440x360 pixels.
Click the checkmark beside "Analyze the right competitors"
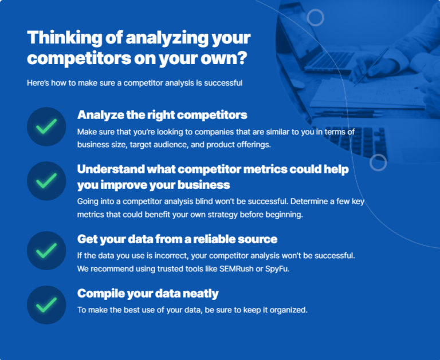click(x=46, y=126)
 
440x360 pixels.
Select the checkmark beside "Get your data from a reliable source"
click(x=46, y=250)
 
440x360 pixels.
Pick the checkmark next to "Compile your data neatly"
click(x=46, y=304)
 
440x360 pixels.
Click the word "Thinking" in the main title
click(x=62, y=39)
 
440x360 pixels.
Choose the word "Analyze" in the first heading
click(x=100, y=114)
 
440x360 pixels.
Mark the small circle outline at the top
click(x=316, y=17)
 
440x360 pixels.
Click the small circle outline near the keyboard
click(x=378, y=163)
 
